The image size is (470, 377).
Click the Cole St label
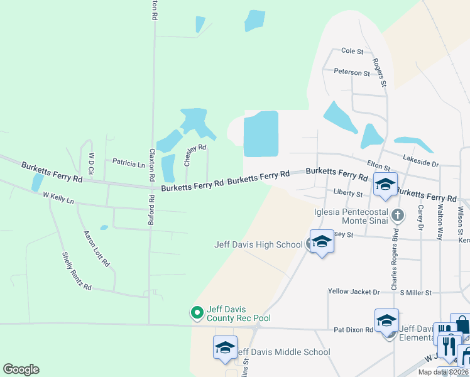(352, 51)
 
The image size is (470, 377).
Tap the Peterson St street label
(352, 73)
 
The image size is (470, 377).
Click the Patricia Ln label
(129, 163)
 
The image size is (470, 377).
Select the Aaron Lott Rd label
(97, 248)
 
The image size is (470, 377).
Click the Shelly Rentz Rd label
(77, 271)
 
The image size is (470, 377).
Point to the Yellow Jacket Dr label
(354, 292)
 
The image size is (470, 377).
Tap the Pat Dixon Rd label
(354, 329)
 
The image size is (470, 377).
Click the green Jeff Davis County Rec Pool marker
(197, 312)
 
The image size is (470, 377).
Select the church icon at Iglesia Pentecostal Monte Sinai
(397, 216)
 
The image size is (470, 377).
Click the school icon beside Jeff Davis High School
(322, 241)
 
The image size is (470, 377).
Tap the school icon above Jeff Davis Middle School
(225, 347)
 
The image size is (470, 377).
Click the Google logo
(21, 369)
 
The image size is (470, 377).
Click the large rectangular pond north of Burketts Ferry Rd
(261, 133)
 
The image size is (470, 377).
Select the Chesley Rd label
(195, 154)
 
